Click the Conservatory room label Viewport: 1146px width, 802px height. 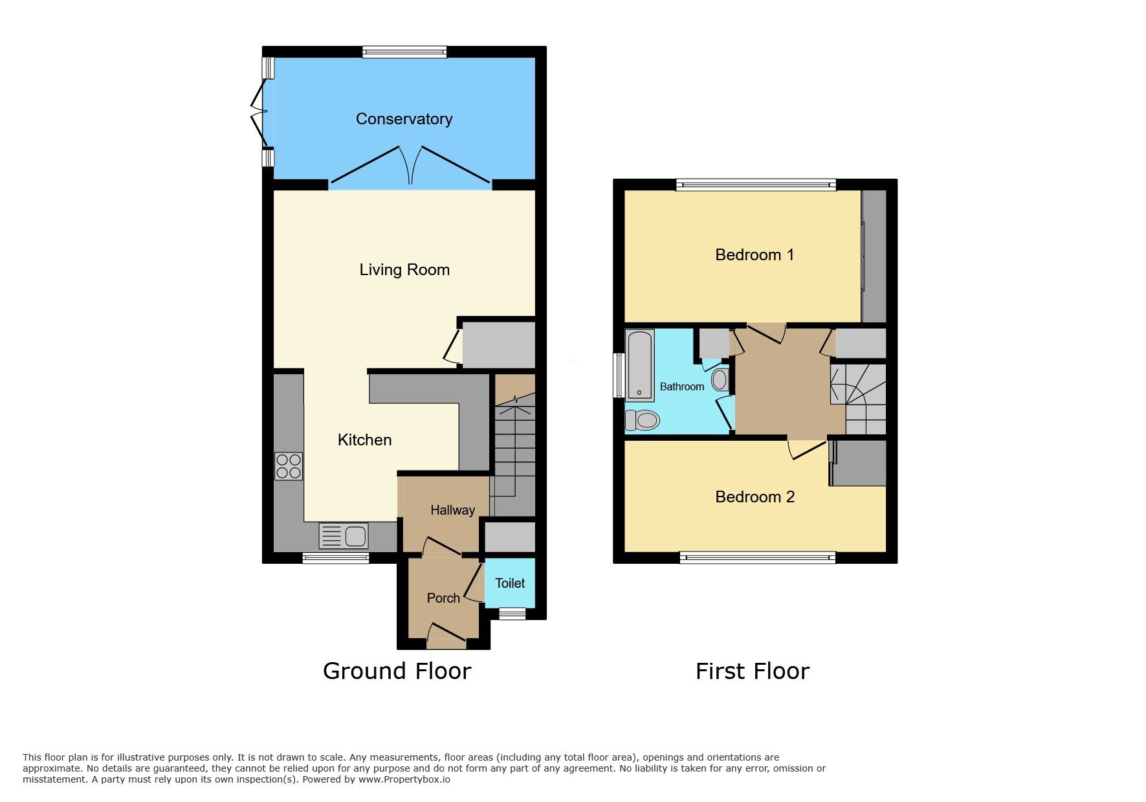tap(404, 119)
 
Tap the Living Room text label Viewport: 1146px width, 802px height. tap(404, 270)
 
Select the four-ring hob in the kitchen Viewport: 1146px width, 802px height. tap(289, 466)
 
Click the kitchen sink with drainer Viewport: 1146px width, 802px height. tap(344, 536)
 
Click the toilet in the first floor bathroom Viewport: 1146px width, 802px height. tap(642, 420)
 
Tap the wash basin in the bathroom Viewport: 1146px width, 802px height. tap(720, 380)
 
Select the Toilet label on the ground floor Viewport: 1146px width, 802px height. tap(510, 583)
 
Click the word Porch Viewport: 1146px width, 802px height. tap(443, 598)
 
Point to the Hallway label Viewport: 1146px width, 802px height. tap(452, 510)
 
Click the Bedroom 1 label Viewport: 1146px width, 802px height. tap(755, 255)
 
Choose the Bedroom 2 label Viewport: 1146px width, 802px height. tap(755, 497)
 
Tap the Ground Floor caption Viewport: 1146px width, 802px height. tap(397, 671)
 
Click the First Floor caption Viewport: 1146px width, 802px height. tap(752, 671)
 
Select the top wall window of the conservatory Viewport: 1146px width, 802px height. tap(404, 52)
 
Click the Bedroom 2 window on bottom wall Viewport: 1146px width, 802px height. tap(757, 557)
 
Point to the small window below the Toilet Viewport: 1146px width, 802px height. tap(512, 614)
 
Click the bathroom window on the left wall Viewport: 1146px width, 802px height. tap(619, 375)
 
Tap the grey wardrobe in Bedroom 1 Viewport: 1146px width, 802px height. tap(874, 256)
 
